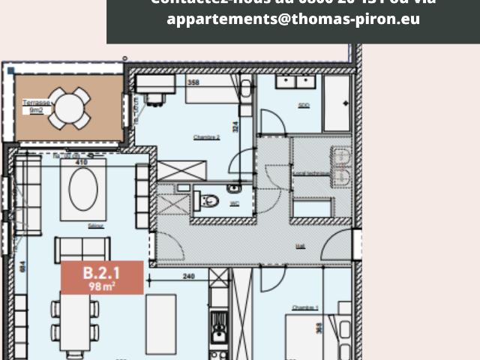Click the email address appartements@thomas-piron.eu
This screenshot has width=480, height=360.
293,19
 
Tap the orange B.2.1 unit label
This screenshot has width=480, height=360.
101,277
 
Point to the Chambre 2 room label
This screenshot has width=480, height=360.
206,137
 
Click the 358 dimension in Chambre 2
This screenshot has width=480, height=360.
193,82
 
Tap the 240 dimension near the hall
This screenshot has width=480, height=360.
188,276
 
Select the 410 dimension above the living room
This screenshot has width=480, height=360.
82,161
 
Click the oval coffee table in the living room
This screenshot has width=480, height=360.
82,189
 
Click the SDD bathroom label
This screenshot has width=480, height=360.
304,105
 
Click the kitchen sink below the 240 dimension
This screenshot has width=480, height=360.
218,333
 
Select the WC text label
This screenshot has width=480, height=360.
233,202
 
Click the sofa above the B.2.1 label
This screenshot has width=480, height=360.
82,248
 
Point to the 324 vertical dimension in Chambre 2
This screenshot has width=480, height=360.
235,127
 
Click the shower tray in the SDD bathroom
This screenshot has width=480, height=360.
336,103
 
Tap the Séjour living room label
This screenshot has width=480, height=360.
94,226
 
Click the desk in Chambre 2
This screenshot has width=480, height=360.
156,84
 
